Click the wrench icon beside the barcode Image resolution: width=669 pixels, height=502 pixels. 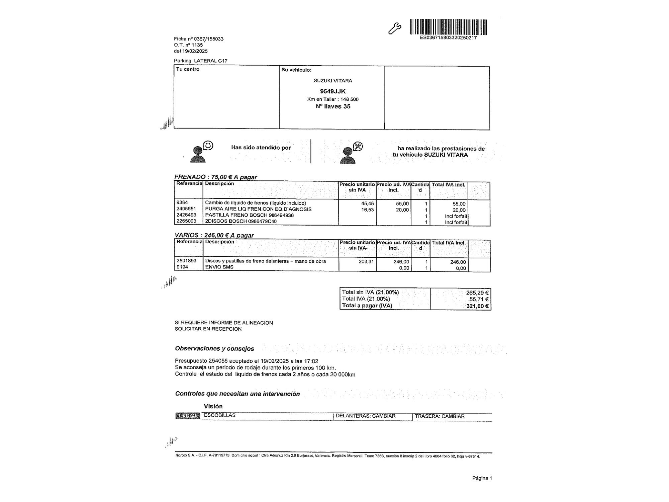pyautogui.click(x=394, y=28)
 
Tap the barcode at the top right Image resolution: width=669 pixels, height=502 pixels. pyautogui.click(x=448, y=27)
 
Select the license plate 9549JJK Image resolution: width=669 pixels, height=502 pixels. pyautogui.click(x=332, y=91)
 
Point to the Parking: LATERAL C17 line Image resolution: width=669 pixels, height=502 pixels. pyautogui.click(x=200, y=61)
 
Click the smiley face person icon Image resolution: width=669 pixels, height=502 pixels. pyautogui.click(x=201, y=152)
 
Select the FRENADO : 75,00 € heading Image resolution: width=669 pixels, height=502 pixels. pyautogui.click(x=215, y=177)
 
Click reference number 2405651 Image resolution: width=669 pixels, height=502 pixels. pyautogui.click(x=186, y=209)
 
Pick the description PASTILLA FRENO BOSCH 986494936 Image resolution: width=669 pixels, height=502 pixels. pyautogui.click(x=249, y=215)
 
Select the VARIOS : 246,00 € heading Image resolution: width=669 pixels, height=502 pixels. pyautogui.click(x=214, y=235)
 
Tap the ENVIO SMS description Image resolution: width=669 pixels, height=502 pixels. pyautogui.click(x=219, y=267)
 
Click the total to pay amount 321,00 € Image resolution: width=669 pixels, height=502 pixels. pyautogui.click(x=477, y=306)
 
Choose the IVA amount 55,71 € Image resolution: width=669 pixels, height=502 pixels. pyautogui.click(x=479, y=299)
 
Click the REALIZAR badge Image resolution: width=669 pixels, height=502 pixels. pyautogui.click(x=187, y=416)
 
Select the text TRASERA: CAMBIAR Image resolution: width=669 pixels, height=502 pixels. pyautogui.click(x=440, y=416)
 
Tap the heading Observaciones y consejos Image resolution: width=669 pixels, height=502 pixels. pyautogui.click(x=214, y=348)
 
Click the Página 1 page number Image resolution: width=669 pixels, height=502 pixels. pyautogui.click(x=482, y=478)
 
